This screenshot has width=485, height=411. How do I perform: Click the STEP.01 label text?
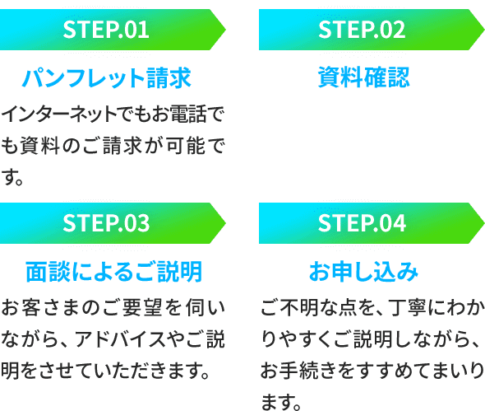(x=106, y=30)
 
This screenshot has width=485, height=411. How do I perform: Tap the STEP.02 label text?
(x=362, y=30)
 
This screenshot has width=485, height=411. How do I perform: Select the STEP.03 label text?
(x=106, y=223)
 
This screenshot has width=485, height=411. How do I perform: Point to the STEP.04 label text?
(x=362, y=223)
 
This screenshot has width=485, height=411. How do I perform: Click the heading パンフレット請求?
(x=107, y=77)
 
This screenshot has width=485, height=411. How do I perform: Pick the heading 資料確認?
(x=363, y=77)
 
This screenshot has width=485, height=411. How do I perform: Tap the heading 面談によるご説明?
(x=113, y=272)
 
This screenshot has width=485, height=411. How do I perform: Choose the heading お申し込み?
(x=363, y=272)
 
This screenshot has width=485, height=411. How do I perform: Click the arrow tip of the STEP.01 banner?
(x=225, y=30)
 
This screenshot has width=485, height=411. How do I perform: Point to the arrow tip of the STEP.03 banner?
(x=225, y=223)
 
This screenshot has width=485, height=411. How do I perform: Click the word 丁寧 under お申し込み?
(x=409, y=307)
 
